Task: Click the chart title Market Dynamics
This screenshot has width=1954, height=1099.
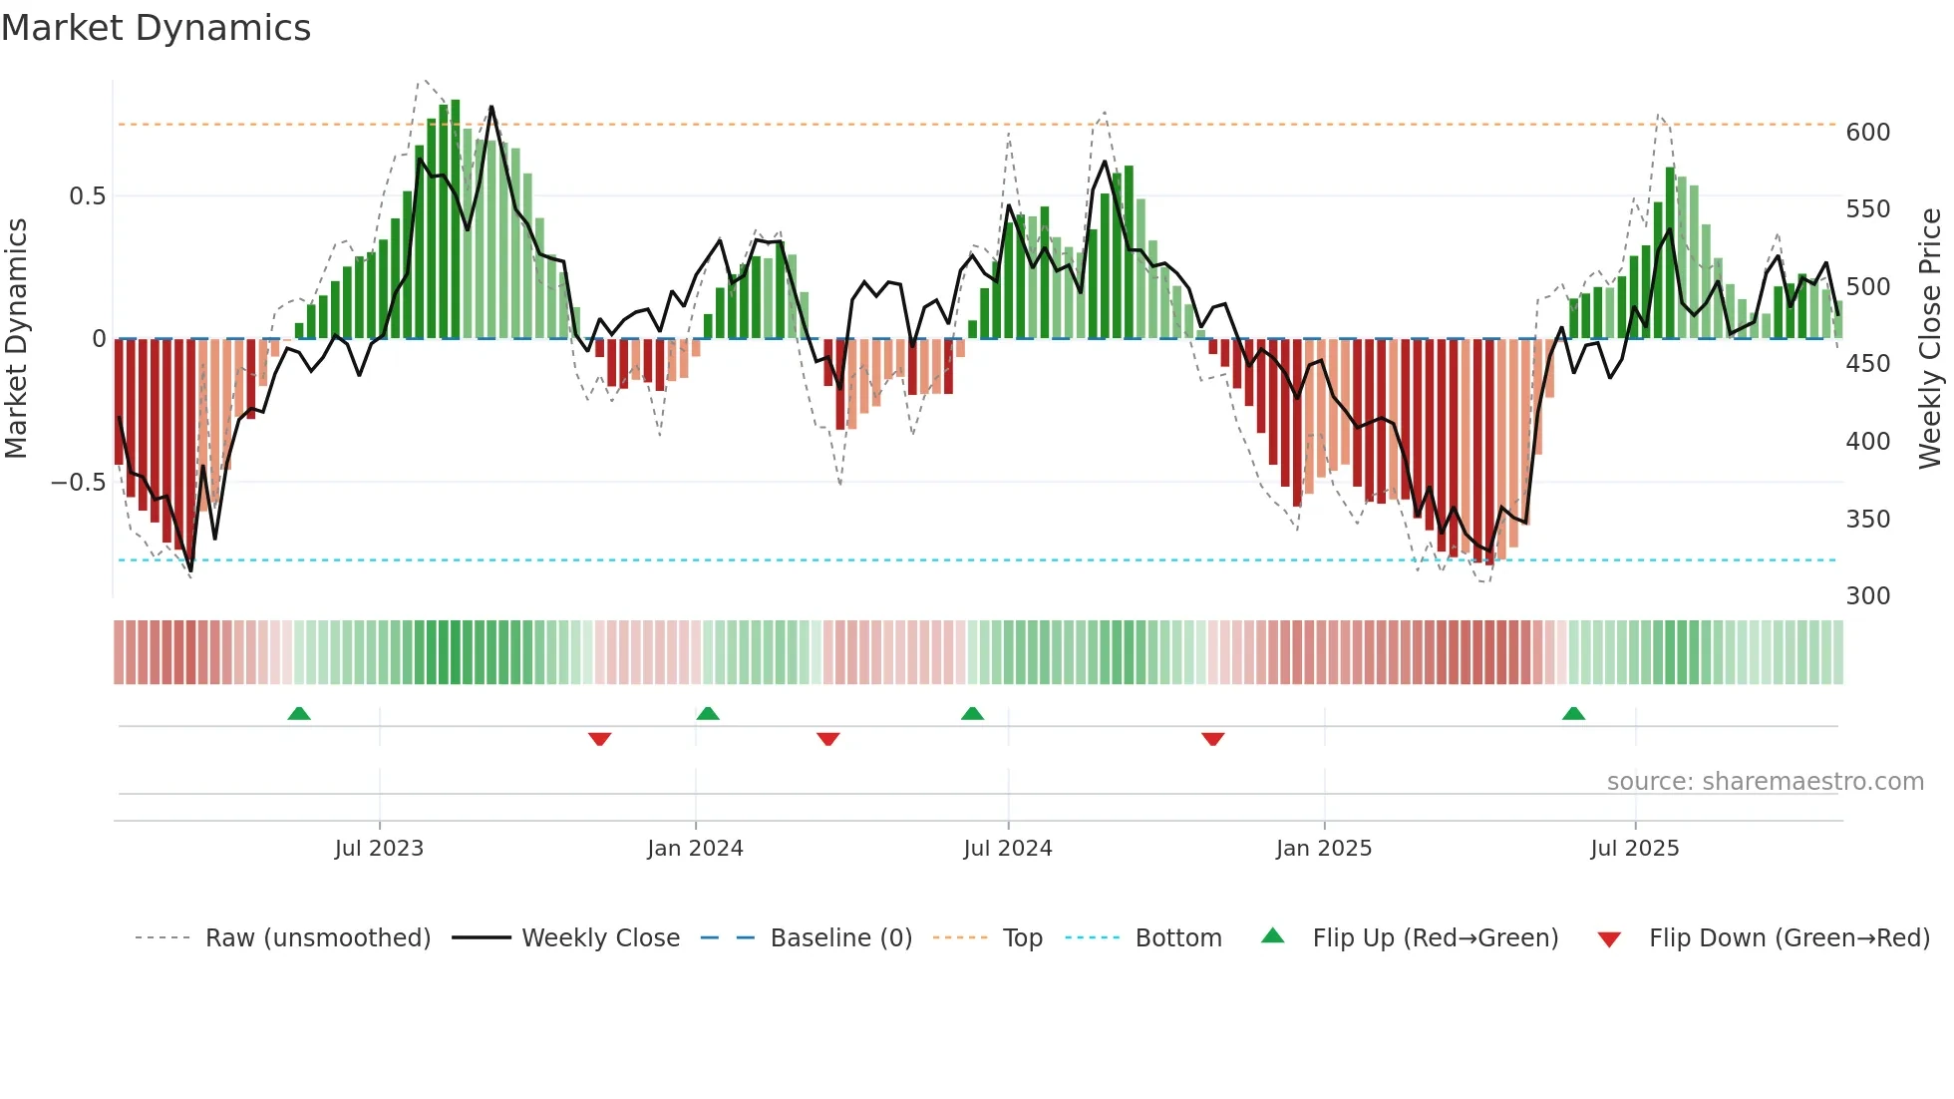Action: coord(156,28)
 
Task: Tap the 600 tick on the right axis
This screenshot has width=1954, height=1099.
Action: coord(1867,133)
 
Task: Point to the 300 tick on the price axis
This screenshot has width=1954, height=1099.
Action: coord(1867,596)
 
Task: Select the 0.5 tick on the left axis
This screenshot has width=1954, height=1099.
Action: coord(87,196)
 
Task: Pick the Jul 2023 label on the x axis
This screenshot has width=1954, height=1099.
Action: coord(379,849)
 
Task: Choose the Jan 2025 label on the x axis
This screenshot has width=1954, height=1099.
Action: coord(1323,849)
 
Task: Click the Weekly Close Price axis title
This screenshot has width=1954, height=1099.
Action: coord(1930,339)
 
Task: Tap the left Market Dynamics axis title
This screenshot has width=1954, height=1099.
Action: coord(17,339)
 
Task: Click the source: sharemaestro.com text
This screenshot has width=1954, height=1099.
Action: coord(1765,782)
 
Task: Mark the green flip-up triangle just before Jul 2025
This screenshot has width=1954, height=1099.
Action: coord(1573,713)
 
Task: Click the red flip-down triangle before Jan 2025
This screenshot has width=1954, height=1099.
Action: coord(1212,739)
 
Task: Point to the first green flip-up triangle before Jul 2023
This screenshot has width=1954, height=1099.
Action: coord(299,713)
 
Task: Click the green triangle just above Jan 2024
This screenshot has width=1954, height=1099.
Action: coord(708,713)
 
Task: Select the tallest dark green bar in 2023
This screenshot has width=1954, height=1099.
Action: coord(456,219)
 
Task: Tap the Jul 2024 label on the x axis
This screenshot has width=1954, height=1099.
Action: coord(1007,849)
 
